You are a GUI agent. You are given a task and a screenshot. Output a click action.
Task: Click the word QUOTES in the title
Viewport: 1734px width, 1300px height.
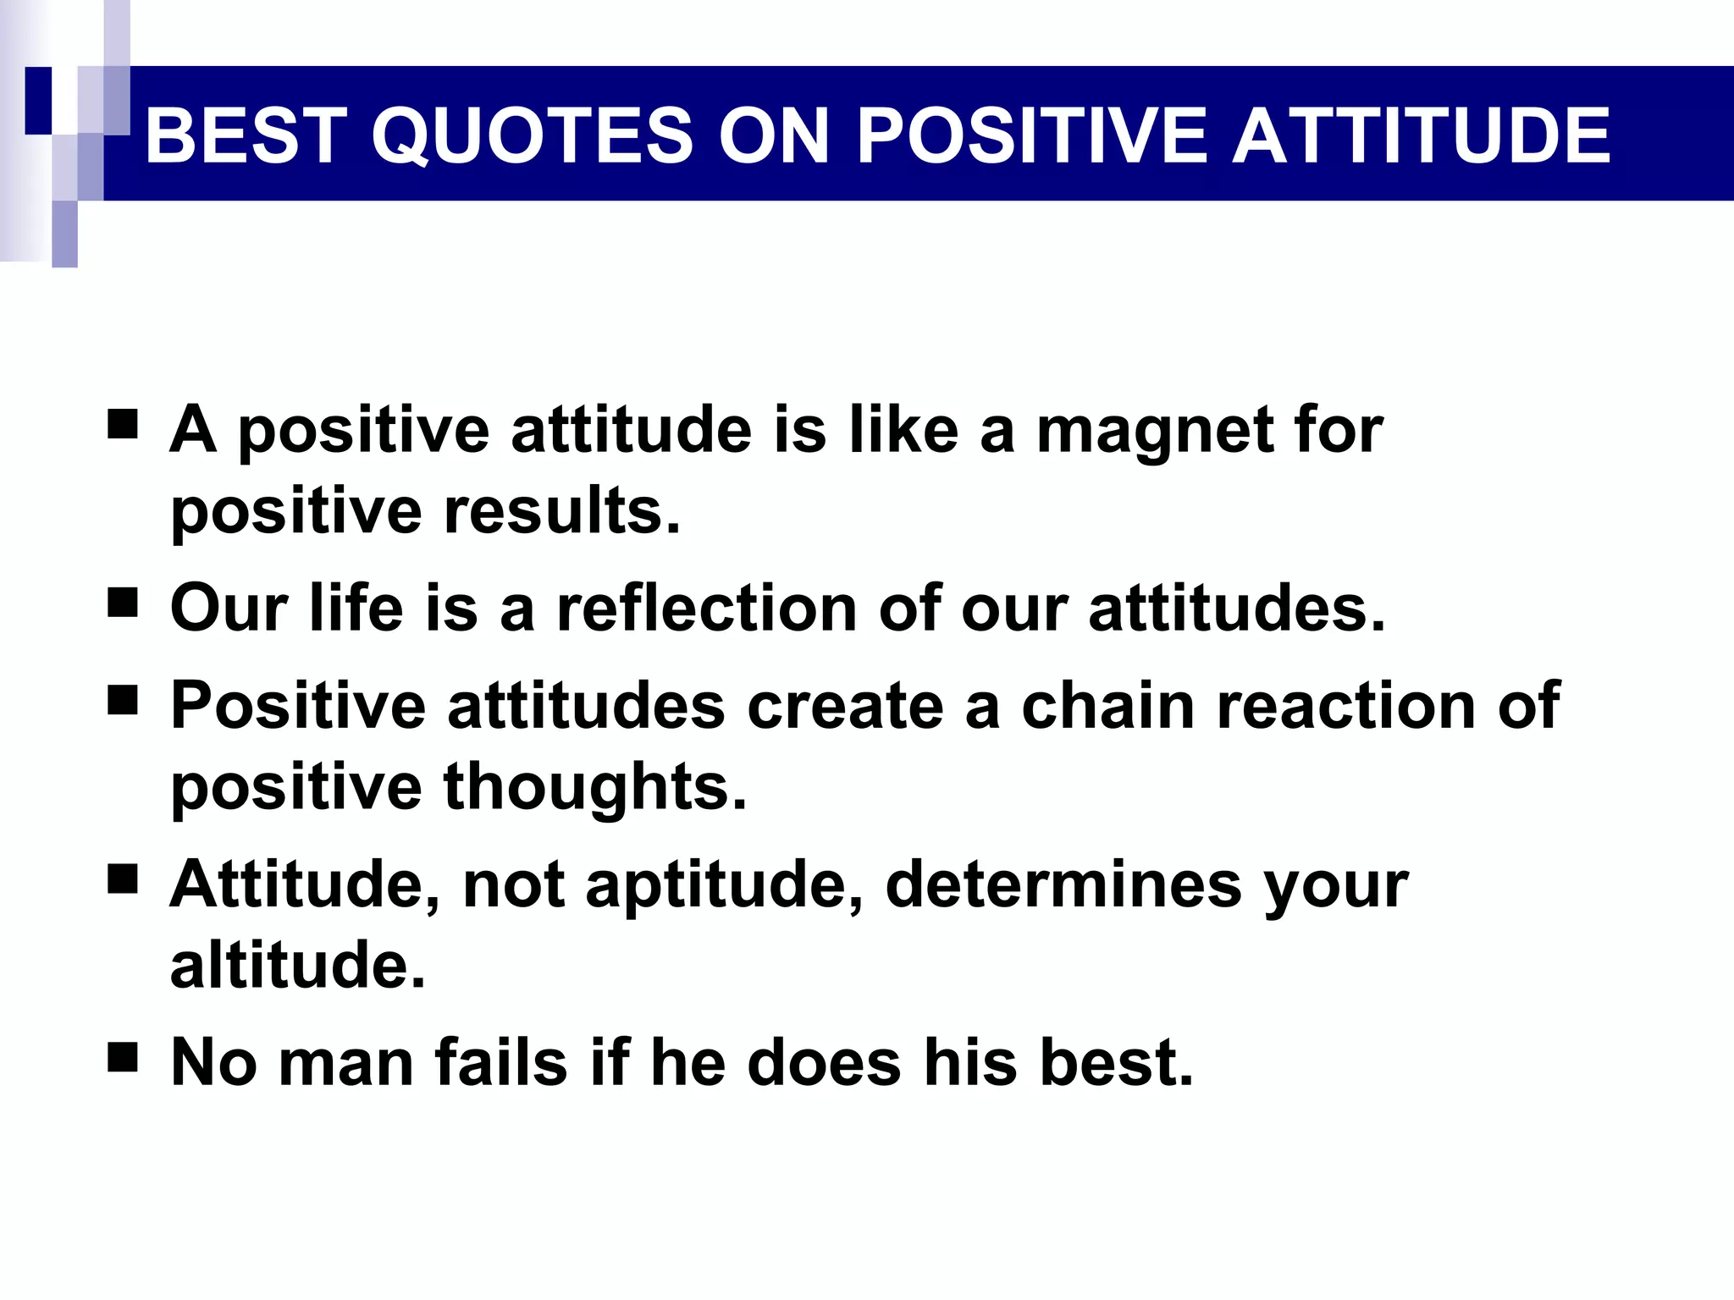532,135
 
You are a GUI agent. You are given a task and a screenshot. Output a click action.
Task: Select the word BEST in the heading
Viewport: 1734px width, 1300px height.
241,135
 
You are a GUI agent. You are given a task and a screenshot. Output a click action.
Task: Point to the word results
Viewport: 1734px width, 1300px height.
562,511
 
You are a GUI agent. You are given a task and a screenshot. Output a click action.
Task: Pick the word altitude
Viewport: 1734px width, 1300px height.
297,964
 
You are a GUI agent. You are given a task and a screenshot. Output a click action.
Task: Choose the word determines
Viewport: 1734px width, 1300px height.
1063,884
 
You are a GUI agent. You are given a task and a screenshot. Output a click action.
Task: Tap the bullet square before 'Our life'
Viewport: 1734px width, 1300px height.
123,605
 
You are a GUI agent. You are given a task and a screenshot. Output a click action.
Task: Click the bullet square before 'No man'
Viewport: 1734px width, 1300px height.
123,1058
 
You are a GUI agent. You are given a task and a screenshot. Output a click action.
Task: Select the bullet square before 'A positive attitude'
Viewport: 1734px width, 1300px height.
123,425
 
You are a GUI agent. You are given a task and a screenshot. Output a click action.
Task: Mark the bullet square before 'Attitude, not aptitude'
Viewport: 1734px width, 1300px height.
123,880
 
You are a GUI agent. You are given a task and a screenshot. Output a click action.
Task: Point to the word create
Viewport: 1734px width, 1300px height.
844,705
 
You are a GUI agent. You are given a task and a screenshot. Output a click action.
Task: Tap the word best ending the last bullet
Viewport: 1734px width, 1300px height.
1116,1062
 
